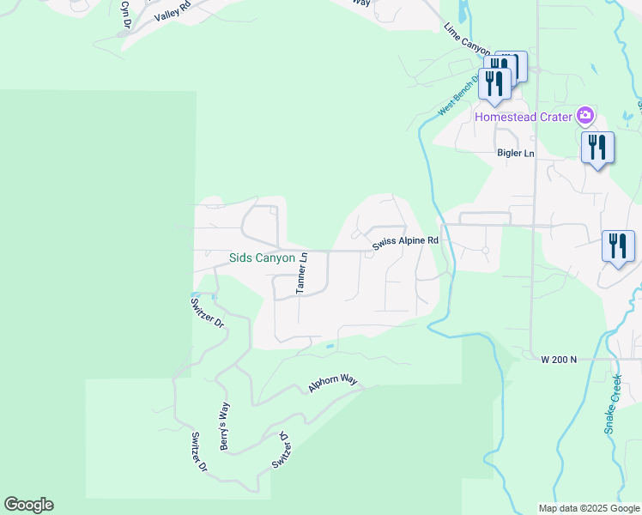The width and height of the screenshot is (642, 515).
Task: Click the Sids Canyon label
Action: pos(262,257)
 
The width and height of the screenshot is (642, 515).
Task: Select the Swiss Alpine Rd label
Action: pos(405,244)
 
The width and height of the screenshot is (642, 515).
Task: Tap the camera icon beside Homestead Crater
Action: pos(584,115)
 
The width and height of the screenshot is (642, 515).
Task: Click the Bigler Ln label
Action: pos(516,153)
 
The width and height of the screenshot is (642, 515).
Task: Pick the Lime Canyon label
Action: pos(466,40)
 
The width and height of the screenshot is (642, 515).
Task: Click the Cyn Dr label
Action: pos(125,12)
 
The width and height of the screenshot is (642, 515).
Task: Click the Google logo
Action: pos(28,505)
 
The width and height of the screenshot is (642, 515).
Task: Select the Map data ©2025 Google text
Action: pos(588,508)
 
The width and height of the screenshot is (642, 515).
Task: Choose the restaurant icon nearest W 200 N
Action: pos(618,246)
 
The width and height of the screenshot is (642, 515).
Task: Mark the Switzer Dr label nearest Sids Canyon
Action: pos(207,312)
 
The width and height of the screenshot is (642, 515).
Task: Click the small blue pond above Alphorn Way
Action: pos(330,347)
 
